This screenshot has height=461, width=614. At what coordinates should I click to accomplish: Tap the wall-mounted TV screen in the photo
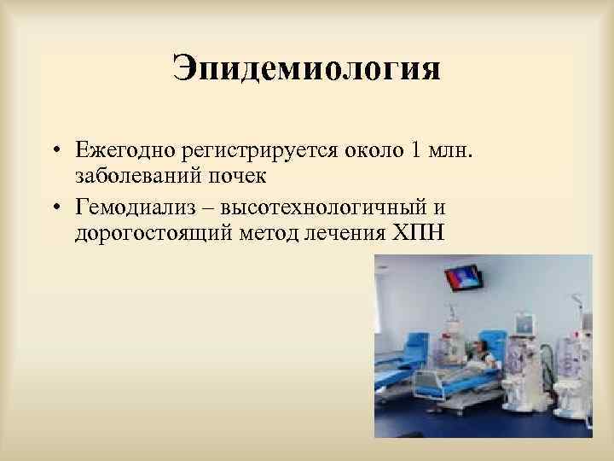463,278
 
